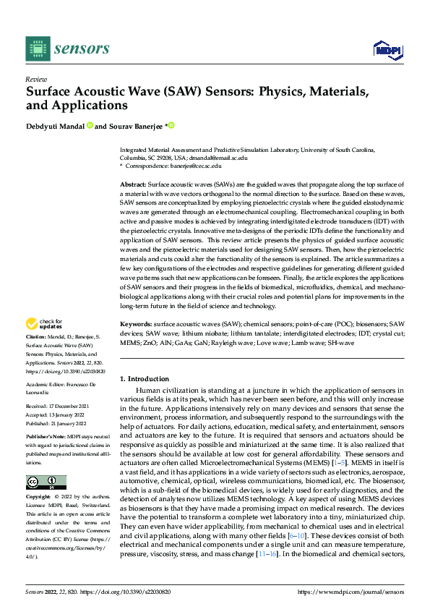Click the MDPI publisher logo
pyautogui.click(x=387, y=49)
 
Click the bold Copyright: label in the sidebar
pyautogui.click(x=40, y=498)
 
